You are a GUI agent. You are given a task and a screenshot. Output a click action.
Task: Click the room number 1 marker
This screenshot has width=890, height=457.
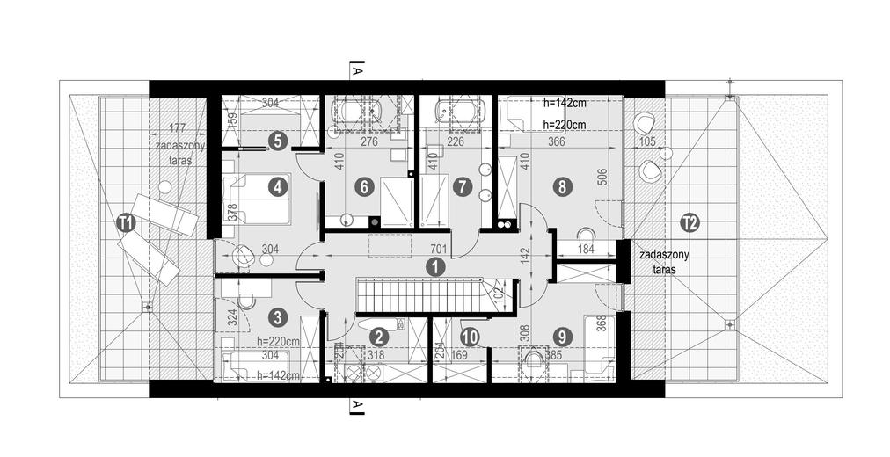pyautogui.click(x=435, y=267)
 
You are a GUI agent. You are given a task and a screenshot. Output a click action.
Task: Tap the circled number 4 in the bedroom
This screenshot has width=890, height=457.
pyautogui.click(x=277, y=187)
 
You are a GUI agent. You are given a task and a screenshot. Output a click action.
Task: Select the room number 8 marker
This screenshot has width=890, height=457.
pyautogui.click(x=562, y=187)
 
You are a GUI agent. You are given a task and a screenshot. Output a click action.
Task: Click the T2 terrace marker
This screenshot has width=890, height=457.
pyautogui.click(x=690, y=223)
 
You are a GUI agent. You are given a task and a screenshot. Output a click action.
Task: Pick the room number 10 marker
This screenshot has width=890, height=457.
pyautogui.click(x=469, y=337)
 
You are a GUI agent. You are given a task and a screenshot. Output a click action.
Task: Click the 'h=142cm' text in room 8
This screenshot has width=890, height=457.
pyautogui.click(x=564, y=103)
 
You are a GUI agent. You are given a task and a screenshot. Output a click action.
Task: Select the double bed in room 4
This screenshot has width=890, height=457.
pyautogui.click(x=257, y=199)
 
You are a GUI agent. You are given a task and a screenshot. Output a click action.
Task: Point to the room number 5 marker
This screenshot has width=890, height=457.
pyautogui.click(x=277, y=141)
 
